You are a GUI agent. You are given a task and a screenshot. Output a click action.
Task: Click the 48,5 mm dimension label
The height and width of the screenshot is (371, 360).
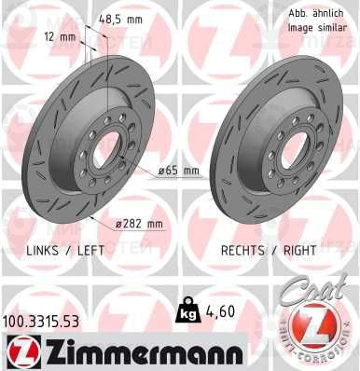[x=120, y=20]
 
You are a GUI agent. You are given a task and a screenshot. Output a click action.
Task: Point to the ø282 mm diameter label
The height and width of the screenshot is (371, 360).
[x=139, y=224]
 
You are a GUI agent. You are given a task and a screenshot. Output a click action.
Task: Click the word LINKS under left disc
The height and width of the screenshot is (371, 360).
[x=42, y=251]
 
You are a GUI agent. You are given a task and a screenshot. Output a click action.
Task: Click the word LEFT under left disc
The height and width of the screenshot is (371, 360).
[x=90, y=251]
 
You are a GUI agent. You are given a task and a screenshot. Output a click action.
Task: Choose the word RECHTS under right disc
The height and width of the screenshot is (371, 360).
[x=242, y=251]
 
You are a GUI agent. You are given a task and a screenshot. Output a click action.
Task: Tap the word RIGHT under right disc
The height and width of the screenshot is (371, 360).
[x=299, y=251]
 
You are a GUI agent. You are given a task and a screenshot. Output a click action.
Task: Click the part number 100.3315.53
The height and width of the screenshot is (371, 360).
[x=40, y=322]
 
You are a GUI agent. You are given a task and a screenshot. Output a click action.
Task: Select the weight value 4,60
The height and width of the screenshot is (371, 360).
[x=219, y=311]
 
